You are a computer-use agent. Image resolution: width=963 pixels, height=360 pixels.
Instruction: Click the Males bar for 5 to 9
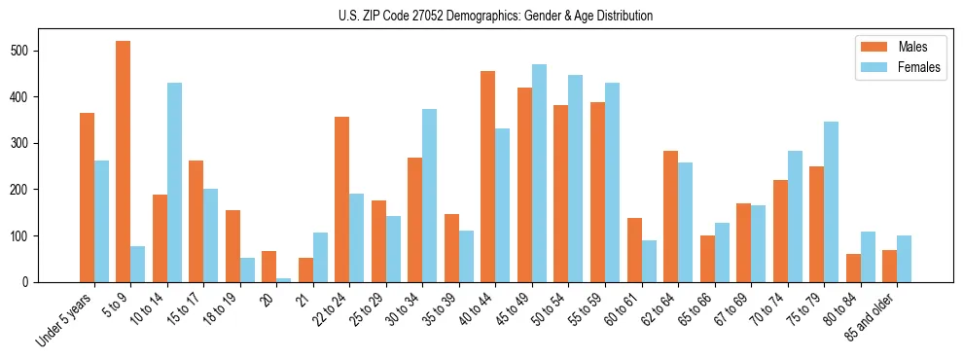coord(124,162)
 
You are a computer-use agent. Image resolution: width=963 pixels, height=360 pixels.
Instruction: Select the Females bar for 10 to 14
coord(174,182)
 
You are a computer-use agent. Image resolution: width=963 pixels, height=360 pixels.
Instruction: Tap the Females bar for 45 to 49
coord(539,173)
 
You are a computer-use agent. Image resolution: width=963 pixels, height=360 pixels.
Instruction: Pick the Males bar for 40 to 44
coord(488,176)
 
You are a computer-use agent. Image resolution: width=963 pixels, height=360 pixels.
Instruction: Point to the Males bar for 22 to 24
coord(342,199)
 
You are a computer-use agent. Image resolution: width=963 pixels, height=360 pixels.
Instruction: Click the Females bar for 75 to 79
coord(831,201)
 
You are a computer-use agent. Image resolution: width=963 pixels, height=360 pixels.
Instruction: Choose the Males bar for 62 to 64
coord(671,216)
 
